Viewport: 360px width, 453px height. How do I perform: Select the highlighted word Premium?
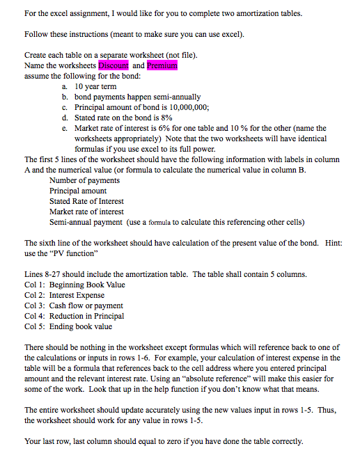click(x=162, y=65)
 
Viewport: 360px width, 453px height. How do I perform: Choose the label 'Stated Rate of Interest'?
click(x=86, y=201)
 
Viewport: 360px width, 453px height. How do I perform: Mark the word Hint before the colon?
click(x=334, y=243)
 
